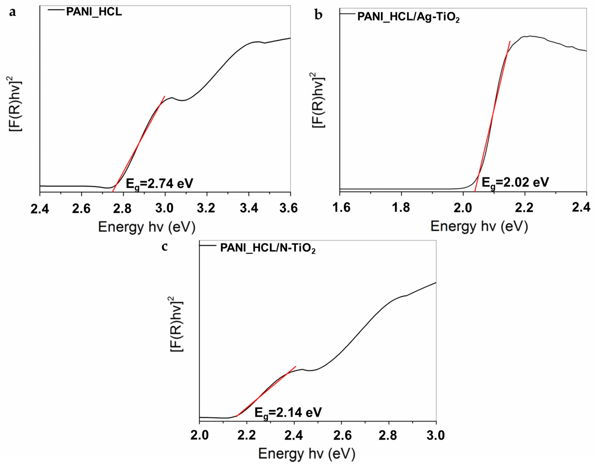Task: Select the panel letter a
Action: [12, 12]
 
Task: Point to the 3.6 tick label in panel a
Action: [289, 208]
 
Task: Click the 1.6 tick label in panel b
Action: [341, 207]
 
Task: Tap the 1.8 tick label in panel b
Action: [401, 207]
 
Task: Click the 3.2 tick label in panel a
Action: [206, 208]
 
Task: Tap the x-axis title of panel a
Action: [146, 227]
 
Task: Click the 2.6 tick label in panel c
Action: [342, 435]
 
